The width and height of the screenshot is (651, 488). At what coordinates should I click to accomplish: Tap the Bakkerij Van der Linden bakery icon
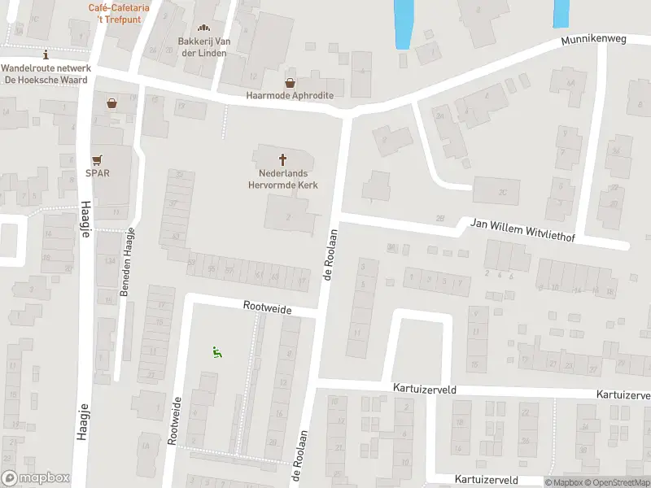[203, 28]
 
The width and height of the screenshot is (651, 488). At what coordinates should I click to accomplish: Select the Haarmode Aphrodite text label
[290, 95]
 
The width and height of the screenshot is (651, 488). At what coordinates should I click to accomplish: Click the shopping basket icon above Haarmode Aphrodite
[290, 82]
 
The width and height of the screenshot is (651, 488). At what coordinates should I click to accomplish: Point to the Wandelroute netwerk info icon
[46, 54]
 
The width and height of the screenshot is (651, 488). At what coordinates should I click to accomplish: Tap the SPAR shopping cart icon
[98, 159]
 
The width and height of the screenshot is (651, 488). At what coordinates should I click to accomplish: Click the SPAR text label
[98, 172]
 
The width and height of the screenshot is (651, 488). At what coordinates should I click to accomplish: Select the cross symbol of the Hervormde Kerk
[283, 159]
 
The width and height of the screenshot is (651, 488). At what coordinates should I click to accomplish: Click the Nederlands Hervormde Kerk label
[283, 179]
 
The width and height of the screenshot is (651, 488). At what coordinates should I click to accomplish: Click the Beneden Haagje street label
[126, 262]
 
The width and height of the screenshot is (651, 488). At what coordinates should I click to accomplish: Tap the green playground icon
[216, 352]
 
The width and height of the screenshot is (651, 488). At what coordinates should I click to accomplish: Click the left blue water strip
[403, 23]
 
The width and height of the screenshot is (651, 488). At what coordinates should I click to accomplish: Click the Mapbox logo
[34, 479]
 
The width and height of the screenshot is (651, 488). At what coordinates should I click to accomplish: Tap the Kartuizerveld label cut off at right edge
[623, 394]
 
